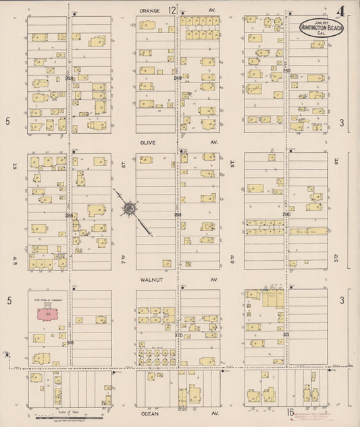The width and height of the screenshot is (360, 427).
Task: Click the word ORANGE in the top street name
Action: coord(149,11)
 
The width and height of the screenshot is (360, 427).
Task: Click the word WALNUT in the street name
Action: coord(149,278)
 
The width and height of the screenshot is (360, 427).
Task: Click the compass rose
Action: coord(128,209)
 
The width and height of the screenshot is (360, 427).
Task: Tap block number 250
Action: coord(286,71)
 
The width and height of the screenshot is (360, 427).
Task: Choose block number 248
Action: coord(178,78)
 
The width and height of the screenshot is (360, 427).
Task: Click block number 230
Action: coord(286,214)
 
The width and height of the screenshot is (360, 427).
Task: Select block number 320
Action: coord(178,334)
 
